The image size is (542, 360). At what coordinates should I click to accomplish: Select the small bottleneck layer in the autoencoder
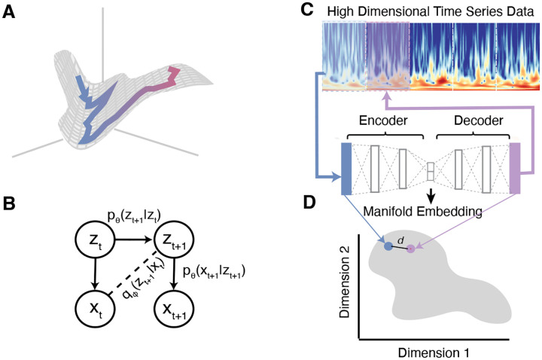431,171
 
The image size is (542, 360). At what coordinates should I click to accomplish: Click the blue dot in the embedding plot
388,246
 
